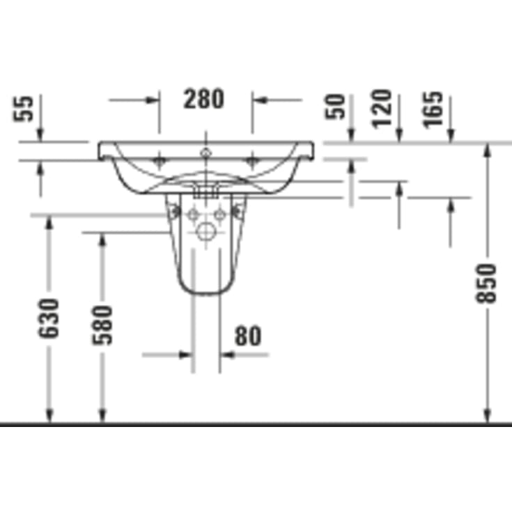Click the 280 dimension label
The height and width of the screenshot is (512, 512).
point(203,99)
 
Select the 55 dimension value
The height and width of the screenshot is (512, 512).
point(23,109)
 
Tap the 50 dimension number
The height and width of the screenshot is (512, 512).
point(335,107)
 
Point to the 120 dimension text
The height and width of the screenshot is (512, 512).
point(382,109)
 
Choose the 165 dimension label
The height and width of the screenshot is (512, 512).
point(433,110)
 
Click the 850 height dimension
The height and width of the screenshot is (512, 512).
point(486,284)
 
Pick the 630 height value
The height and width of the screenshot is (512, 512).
point(49,318)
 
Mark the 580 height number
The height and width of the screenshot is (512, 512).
point(102,325)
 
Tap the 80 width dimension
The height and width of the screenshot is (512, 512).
point(248,336)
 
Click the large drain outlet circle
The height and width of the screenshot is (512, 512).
point(206,232)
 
